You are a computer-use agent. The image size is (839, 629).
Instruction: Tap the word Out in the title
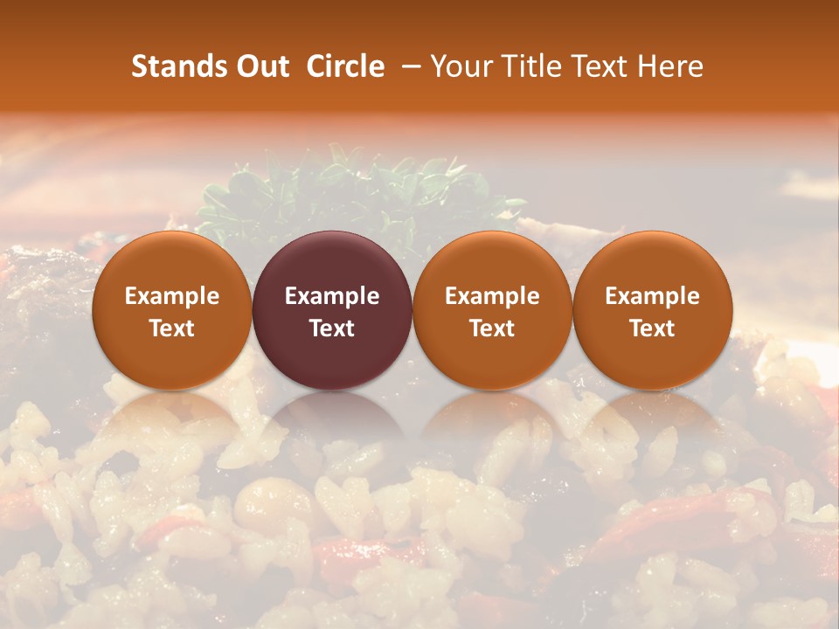click(x=260, y=66)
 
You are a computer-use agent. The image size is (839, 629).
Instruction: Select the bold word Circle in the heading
click(x=345, y=66)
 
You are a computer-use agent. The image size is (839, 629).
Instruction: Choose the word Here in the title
click(x=670, y=66)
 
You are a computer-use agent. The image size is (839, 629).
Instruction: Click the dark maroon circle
click(x=332, y=262)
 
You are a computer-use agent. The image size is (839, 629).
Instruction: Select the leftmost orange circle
click(x=172, y=262)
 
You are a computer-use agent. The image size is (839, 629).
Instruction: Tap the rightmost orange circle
click(x=652, y=262)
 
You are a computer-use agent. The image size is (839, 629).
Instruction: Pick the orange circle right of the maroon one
click(x=492, y=262)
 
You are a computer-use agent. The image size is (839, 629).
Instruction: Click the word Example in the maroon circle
click(x=332, y=296)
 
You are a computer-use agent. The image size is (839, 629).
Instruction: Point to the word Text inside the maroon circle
click(x=332, y=328)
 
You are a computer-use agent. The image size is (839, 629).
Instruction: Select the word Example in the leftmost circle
click(x=172, y=296)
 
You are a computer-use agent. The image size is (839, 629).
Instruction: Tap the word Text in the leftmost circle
click(x=172, y=328)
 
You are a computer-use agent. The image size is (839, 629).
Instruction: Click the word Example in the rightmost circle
click(x=652, y=296)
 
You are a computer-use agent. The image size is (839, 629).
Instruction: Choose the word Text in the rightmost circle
click(x=652, y=328)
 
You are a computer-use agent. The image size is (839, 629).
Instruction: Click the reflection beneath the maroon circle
click(x=332, y=415)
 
